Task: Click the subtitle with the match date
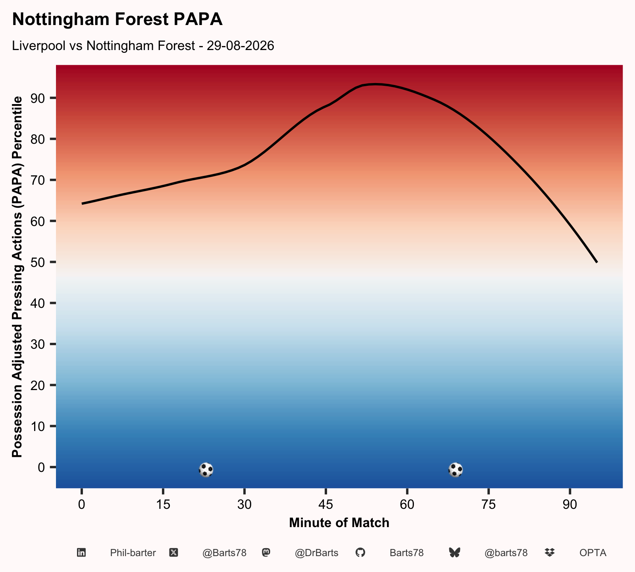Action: (x=143, y=46)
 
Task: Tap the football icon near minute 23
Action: (x=206, y=470)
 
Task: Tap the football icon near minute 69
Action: (x=455, y=470)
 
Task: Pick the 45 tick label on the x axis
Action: (x=325, y=504)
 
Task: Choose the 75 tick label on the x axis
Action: (x=488, y=504)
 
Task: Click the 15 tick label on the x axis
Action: (x=163, y=504)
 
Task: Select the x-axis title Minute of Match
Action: (x=339, y=523)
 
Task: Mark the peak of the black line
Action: (x=375, y=84)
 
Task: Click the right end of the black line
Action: (x=597, y=262)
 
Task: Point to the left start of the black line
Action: (x=82, y=204)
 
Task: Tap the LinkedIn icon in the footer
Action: (x=81, y=553)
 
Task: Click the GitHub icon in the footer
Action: (x=360, y=553)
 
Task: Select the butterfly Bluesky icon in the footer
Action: (x=454, y=553)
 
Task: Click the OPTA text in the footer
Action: (x=593, y=553)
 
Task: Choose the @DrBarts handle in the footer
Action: (x=316, y=553)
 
